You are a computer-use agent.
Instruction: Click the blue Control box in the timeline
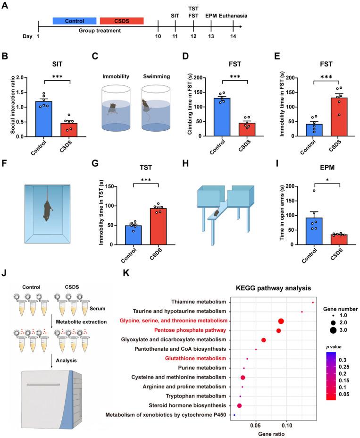(74, 21)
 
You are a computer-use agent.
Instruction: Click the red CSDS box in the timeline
(121, 21)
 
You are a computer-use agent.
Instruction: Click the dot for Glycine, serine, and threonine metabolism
(281, 321)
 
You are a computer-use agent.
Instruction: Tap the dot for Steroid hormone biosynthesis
(239, 405)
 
